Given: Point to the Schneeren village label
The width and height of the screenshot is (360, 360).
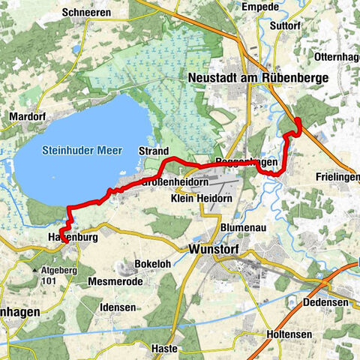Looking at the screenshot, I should pyautogui.click(x=88, y=12).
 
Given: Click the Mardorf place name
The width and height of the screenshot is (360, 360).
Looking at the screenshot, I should pyautogui.click(x=27, y=117).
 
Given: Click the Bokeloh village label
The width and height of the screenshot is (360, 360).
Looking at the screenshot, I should pyautogui.click(x=153, y=264).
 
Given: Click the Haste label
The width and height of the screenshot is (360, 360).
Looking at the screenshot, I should pyautogui.click(x=164, y=349).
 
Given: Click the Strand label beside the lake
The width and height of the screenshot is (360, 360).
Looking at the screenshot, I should pyautogui.click(x=153, y=151).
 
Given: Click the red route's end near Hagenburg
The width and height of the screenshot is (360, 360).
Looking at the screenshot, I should pyautogui.click(x=63, y=242).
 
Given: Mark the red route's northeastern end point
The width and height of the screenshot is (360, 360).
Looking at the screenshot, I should pyautogui.click(x=297, y=120).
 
